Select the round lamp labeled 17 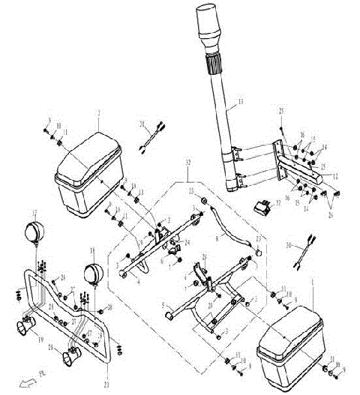pyautogui.click(x=34, y=232)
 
